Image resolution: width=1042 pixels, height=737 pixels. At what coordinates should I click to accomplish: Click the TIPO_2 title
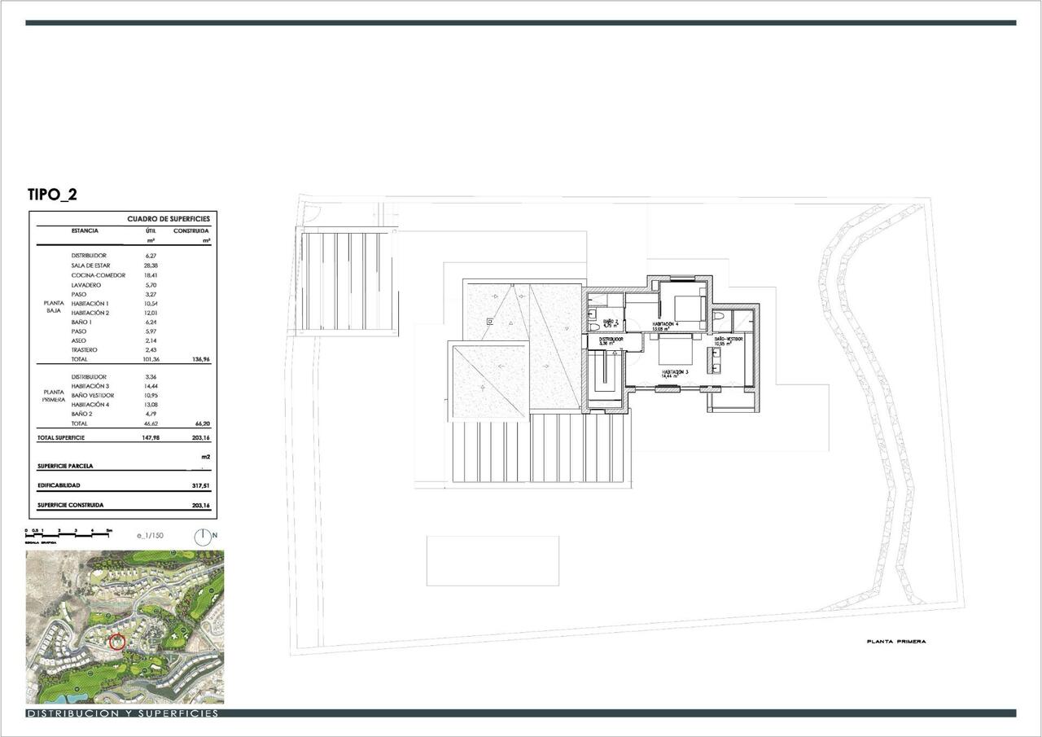coord(52,195)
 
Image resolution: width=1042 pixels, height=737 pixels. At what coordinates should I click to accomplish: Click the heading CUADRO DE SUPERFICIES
coord(169,219)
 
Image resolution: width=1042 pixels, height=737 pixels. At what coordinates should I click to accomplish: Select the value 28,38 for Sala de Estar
coord(150,265)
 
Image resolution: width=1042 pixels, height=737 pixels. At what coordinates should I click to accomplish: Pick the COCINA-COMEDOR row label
coord(99,275)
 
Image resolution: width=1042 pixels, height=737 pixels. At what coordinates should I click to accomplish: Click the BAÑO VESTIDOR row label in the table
coord(93,396)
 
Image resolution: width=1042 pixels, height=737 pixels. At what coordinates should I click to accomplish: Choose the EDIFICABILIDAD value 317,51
coord(199,485)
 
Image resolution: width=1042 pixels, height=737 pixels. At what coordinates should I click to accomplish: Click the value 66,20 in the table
coord(199,424)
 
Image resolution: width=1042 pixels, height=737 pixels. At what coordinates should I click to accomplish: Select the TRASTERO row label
coord(85,350)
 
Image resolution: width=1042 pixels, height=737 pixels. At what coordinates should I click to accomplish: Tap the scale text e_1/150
coord(151,536)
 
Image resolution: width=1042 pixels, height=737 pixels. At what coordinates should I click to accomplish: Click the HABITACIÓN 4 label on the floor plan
coord(665,324)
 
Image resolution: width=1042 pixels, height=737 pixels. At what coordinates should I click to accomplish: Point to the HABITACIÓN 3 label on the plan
coord(675,372)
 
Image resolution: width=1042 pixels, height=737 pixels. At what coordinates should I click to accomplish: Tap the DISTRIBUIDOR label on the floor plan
coord(611,339)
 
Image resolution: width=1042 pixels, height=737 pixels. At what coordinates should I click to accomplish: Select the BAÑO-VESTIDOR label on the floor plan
coord(729,339)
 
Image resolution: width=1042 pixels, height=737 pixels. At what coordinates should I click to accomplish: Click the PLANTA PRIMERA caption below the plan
coord(895,642)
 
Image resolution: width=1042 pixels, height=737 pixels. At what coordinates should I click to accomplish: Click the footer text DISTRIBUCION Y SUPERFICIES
coord(122,713)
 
